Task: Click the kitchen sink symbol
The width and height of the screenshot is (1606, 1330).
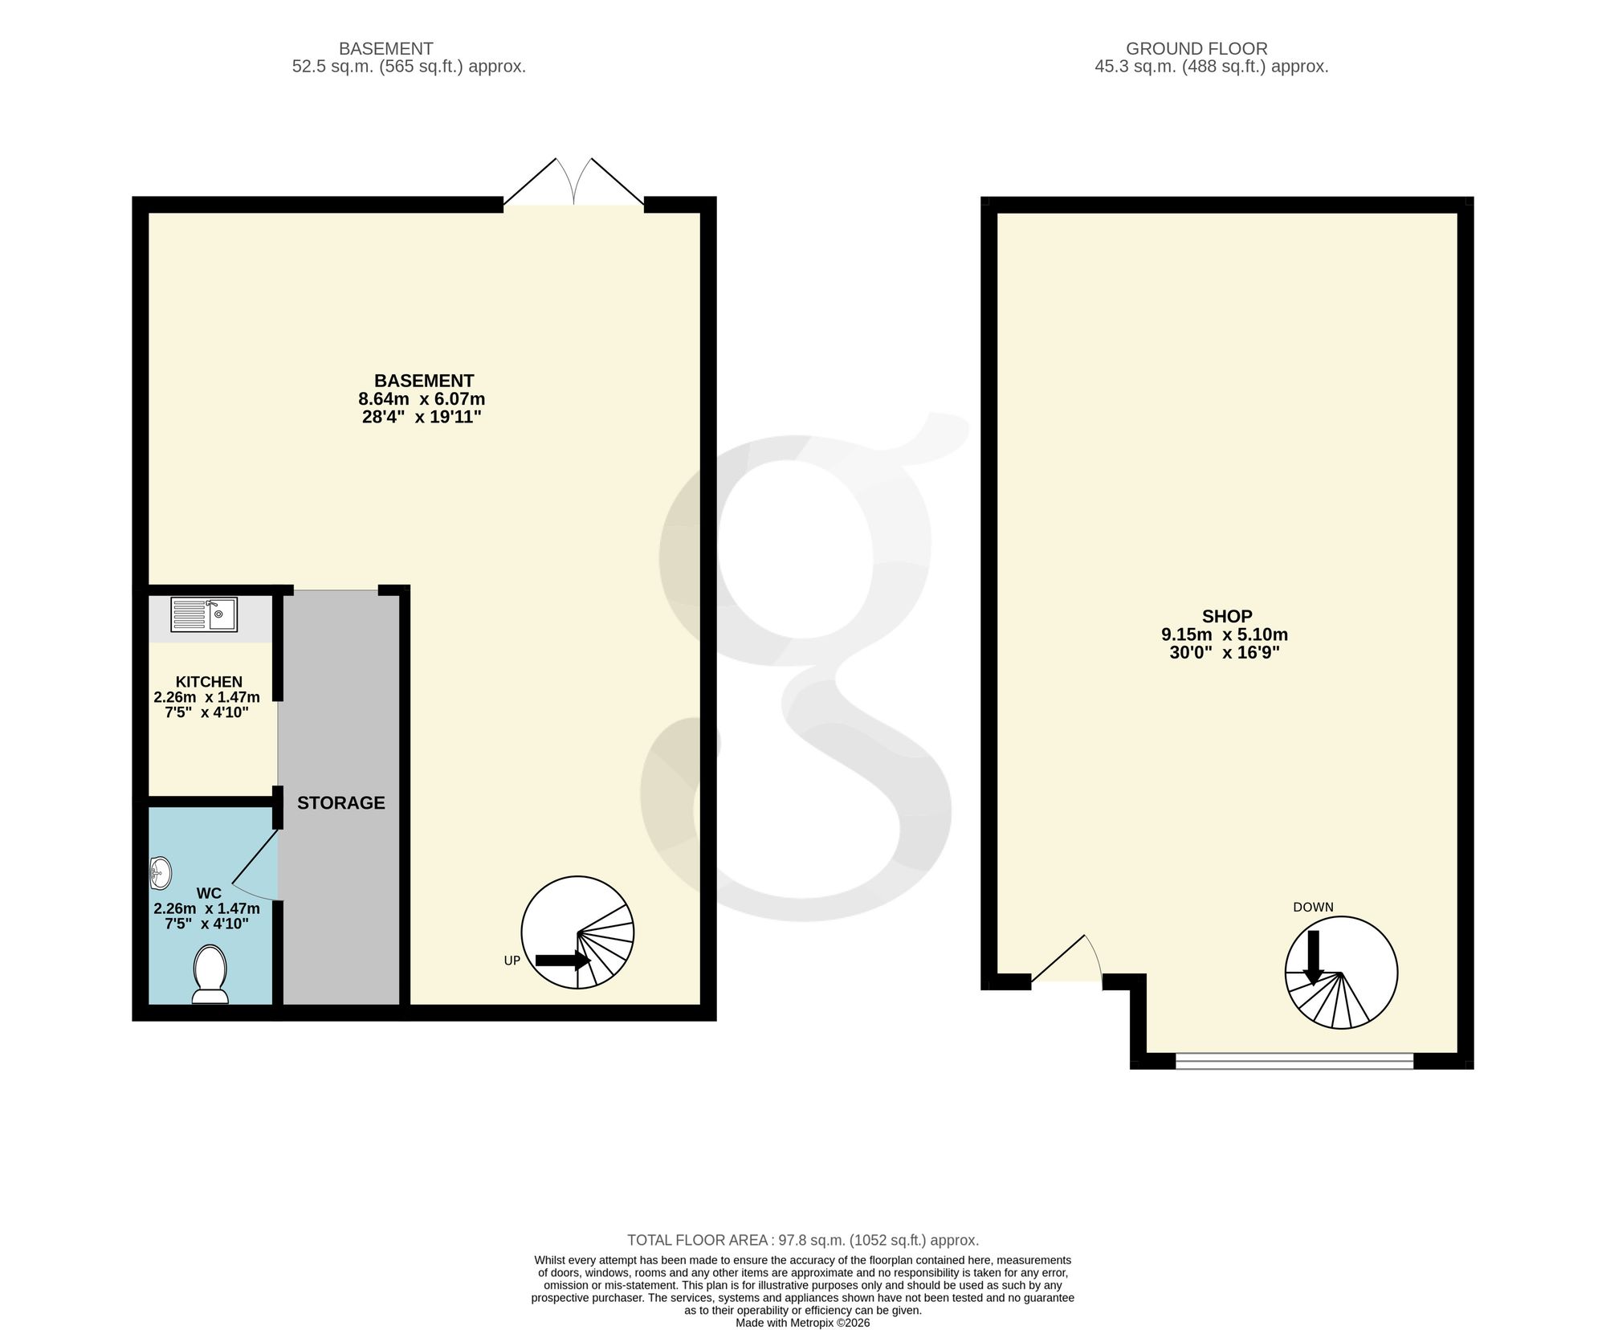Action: pyautogui.click(x=204, y=614)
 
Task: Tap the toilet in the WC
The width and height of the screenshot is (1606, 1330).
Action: pyautogui.click(x=210, y=974)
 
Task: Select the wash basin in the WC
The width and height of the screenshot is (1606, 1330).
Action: pyautogui.click(x=160, y=872)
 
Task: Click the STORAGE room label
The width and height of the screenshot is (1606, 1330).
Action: pyautogui.click(x=341, y=802)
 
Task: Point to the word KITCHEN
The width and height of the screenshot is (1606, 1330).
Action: pyautogui.click(x=209, y=682)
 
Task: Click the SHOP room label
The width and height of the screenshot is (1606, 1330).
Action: pyautogui.click(x=1227, y=616)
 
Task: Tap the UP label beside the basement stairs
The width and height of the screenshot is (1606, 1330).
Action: pyautogui.click(x=512, y=961)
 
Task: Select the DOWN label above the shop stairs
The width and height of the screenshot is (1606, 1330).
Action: pyautogui.click(x=1313, y=907)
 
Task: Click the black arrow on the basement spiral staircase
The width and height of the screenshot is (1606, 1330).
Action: pyautogui.click(x=563, y=960)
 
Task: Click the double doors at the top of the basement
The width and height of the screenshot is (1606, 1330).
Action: pyautogui.click(x=573, y=182)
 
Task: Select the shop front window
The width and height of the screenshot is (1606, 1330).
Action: pyautogui.click(x=1294, y=1061)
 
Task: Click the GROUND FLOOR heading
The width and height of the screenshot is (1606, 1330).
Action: pyautogui.click(x=1196, y=48)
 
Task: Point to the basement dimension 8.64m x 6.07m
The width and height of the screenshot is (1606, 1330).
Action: pyautogui.click(x=422, y=399)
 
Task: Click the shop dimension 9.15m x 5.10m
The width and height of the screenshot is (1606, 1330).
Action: pyautogui.click(x=1225, y=634)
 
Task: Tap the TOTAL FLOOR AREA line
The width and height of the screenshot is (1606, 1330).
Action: pyautogui.click(x=803, y=1240)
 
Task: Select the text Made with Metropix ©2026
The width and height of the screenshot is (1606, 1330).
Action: pyautogui.click(x=803, y=1323)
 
